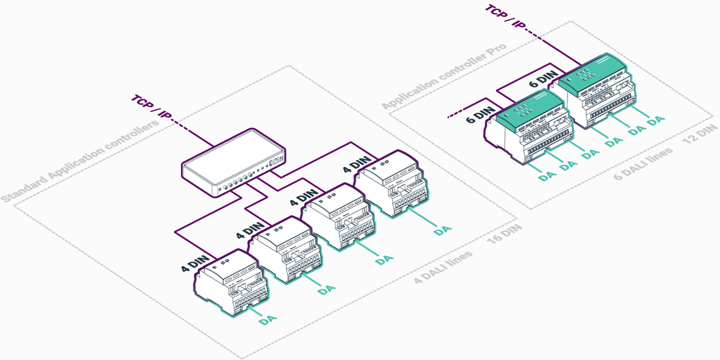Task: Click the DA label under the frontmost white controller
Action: [x=268, y=320]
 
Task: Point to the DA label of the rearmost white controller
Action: [x=442, y=230]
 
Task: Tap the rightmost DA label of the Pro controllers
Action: [x=656, y=120]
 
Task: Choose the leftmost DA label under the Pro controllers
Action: [x=547, y=176]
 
